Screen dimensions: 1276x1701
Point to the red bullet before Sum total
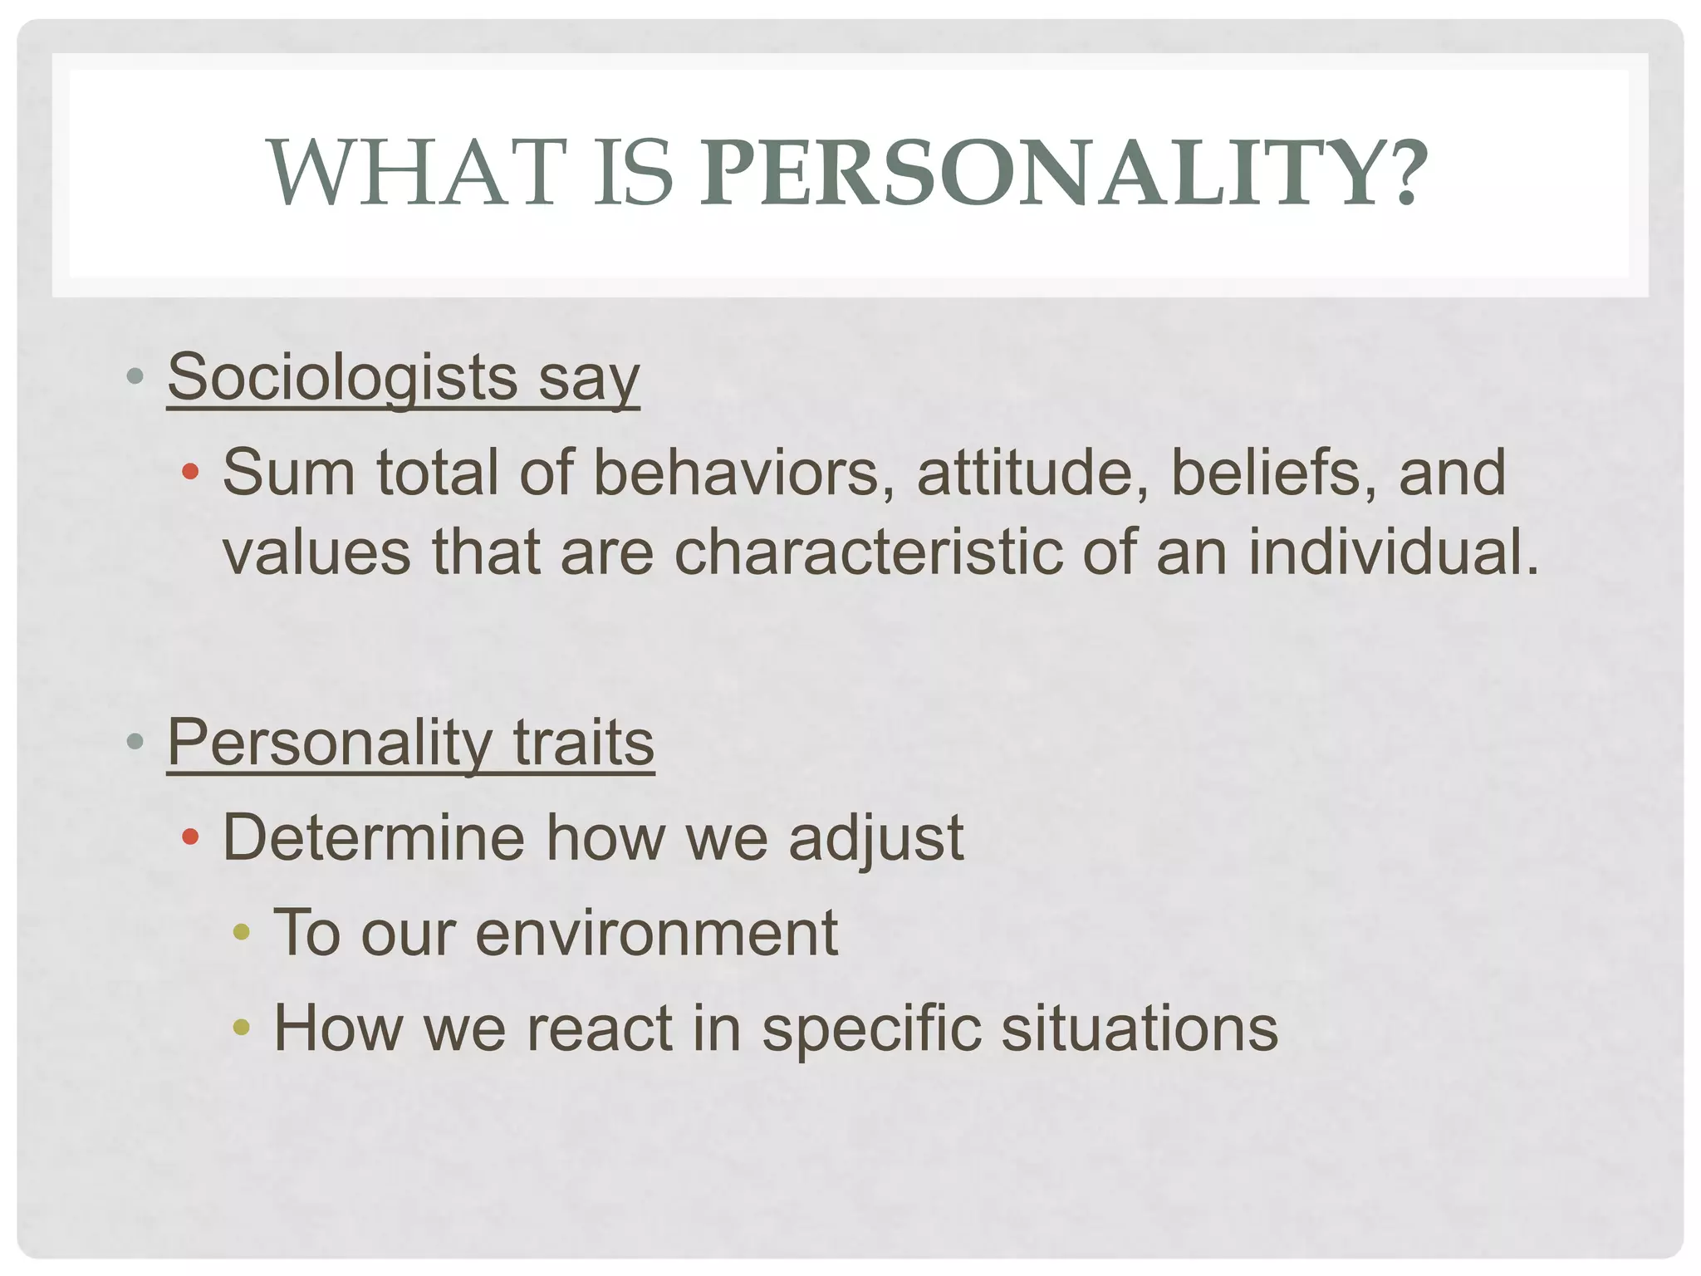190,472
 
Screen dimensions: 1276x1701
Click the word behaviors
736,472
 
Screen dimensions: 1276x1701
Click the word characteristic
867,552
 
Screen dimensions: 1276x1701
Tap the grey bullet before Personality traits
135,741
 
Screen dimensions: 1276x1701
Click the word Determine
374,837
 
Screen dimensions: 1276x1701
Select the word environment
656,933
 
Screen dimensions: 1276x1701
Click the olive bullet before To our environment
241,932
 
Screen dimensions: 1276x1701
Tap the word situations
1140,1028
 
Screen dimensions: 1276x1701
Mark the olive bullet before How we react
241,1028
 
